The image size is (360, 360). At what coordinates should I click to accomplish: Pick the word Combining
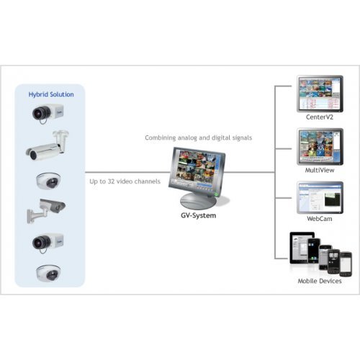(x=160, y=137)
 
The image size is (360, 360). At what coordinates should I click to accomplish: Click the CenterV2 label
(x=315, y=115)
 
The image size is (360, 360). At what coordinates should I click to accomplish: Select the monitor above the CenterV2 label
(x=314, y=92)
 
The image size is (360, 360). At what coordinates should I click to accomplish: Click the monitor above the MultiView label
(x=314, y=146)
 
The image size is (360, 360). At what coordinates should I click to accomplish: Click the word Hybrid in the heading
(x=40, y=94)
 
